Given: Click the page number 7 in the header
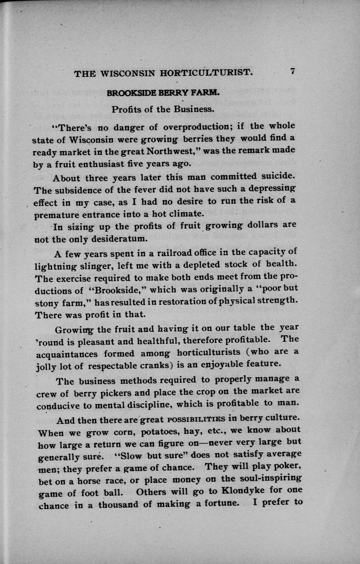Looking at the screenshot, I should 292,71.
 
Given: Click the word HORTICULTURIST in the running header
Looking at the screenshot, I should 206,73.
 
